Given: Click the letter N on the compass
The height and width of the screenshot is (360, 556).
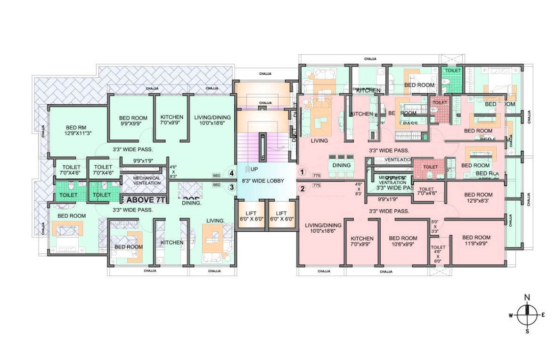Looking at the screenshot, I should (x=527, y=297).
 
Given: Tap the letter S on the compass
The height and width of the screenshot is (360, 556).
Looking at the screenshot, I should (x=527, y=332).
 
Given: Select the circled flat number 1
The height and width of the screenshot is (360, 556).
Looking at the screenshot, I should (x=303, y=172).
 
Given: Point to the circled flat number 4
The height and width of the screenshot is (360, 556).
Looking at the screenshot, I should (x=231, y=173).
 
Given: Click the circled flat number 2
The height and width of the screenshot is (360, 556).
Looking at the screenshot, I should (x=303, y=188).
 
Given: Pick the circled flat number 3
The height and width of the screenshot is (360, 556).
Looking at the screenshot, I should (x=231, y=187).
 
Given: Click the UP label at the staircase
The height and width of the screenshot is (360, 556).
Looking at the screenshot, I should (x=254, y=169).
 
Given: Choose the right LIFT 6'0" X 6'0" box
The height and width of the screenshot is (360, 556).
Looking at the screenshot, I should (x=281, y=216).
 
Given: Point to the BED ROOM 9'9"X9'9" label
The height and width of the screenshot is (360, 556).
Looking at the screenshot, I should (x=133, y=121).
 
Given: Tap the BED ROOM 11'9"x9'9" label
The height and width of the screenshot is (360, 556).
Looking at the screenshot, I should (x=476, y=240).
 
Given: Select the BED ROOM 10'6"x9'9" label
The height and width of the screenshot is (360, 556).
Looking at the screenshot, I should (x=402, y=242).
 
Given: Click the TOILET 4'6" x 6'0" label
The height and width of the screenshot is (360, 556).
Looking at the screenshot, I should (x=438, y=254).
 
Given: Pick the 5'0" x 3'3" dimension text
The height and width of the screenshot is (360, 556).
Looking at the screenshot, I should (x=435, y=226).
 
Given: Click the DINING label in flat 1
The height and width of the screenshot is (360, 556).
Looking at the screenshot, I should (x=341, y=165).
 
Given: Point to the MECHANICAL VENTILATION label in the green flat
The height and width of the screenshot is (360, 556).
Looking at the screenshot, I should (x=147, y=180).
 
